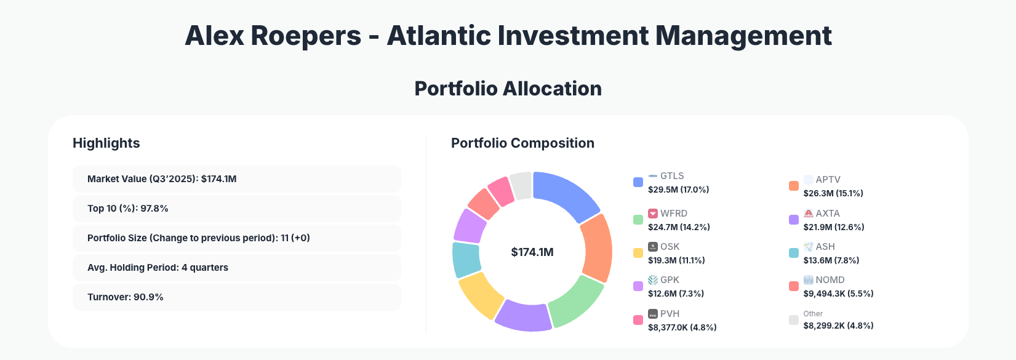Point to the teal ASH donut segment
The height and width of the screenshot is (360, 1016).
tap(466, 259)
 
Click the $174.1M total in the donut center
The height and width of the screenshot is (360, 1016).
tap(532, 252)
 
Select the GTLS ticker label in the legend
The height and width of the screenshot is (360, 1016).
tap(672, 176)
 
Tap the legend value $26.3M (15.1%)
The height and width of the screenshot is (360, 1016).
tap(833, 193)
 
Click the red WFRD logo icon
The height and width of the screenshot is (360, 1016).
tap(653, 214)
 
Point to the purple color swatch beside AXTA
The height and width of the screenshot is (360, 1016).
tap(794, 220)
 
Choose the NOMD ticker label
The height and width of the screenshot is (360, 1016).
tap(830, 280)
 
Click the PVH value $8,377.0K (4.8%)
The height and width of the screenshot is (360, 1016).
tap(682, 327)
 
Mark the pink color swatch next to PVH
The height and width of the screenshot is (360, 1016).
tap(638, 320)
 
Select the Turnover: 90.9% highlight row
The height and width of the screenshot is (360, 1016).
tap(236, 297)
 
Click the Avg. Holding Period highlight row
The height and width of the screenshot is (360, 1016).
tap(236, 268)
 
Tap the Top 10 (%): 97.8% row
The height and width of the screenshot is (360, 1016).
tap(236, 209)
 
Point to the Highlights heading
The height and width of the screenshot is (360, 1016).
tap(106, 143)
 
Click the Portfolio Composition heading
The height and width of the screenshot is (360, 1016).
tap(522, 143)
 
